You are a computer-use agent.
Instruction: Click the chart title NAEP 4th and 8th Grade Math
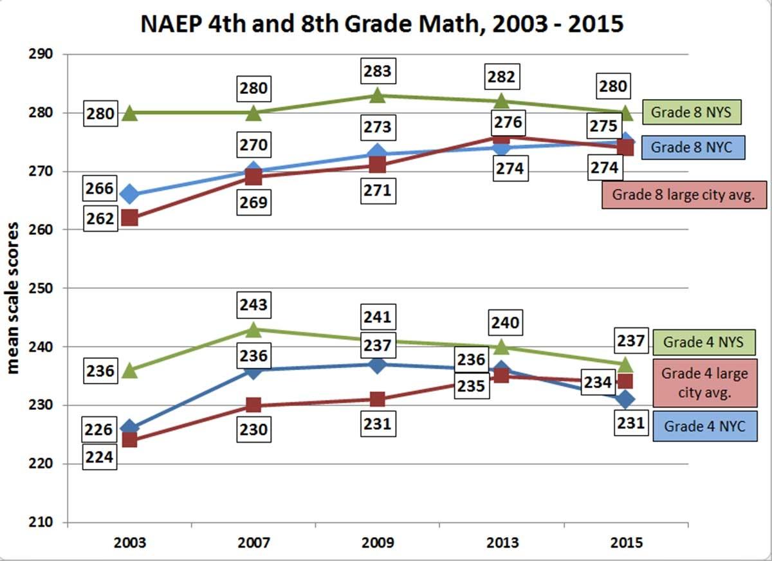[382, 24]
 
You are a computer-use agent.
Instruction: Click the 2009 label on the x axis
[378, 542]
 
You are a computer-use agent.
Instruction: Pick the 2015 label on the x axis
[626, 542]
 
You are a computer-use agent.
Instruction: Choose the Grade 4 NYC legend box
[703, 427]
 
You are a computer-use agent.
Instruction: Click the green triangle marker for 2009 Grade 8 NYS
[378, 96]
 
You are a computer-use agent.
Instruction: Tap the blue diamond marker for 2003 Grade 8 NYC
[129, 194]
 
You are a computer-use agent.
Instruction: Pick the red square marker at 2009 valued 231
[378, 400]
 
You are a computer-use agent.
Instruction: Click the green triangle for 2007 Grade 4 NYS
[253, 330]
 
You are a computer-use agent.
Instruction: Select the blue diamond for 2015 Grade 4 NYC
[626, 400]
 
